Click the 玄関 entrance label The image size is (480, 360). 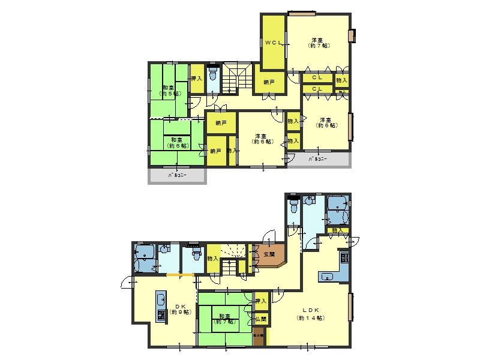(x=268, y=254)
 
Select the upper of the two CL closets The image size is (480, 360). (x=318, y=78)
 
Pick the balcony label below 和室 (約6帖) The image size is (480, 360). (x=177, y=176)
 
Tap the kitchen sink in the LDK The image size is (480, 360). (x=327, y=277)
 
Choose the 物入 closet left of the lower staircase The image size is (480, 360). (x=212, y=259)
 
